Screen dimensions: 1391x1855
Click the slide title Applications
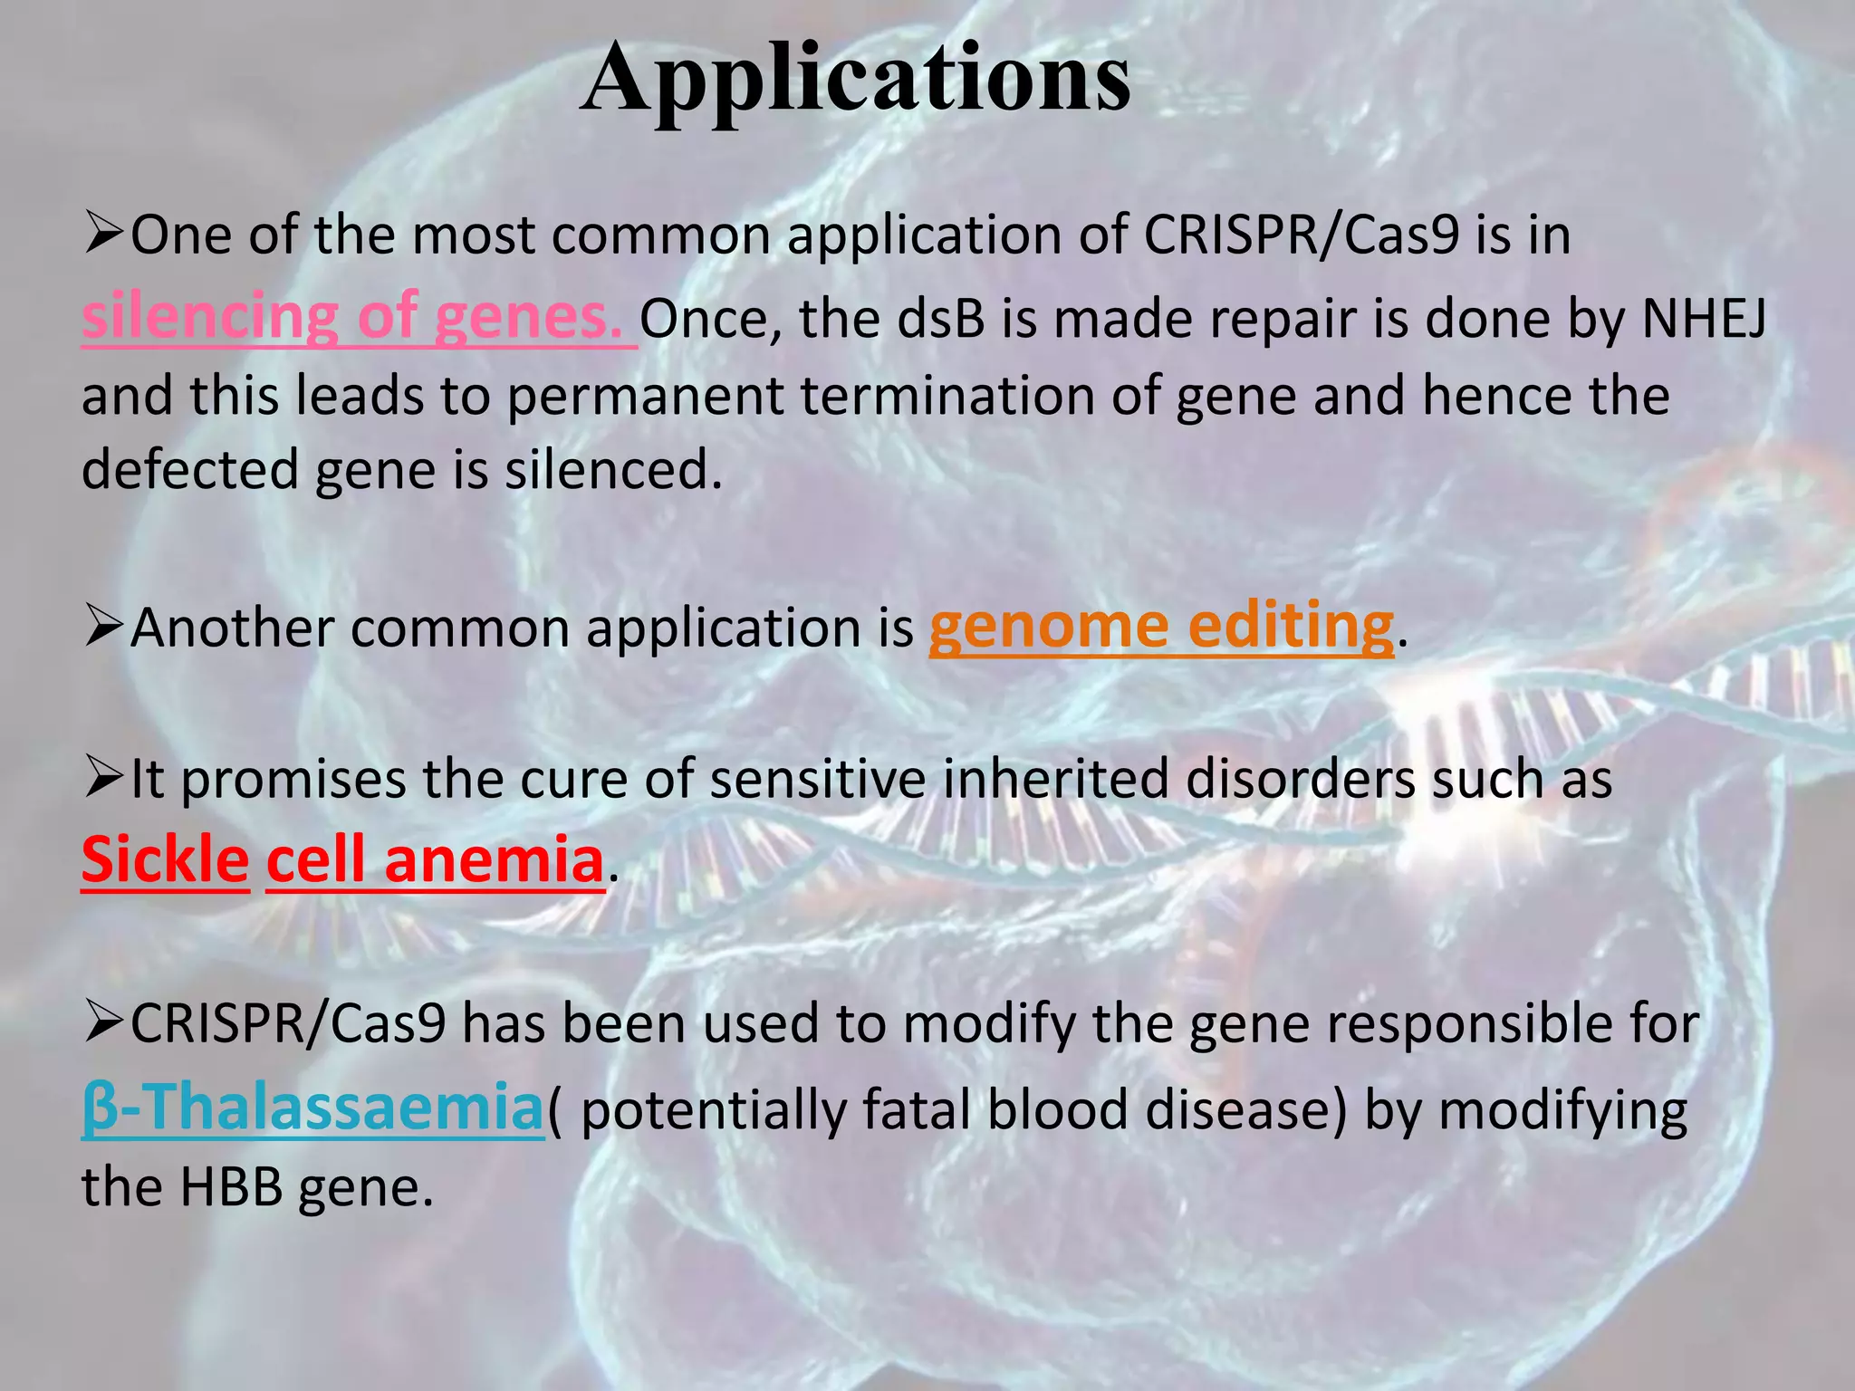click(855, 80)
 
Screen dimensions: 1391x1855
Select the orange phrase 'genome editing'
click(1161, 627)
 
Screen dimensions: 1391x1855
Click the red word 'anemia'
click(494, 860)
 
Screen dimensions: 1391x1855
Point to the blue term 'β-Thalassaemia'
click(312, 1108)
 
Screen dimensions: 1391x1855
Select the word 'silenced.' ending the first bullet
click(614, 471)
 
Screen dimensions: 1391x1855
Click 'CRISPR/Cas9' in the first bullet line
click(1301, 235)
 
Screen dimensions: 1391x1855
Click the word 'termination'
click(947, 397)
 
